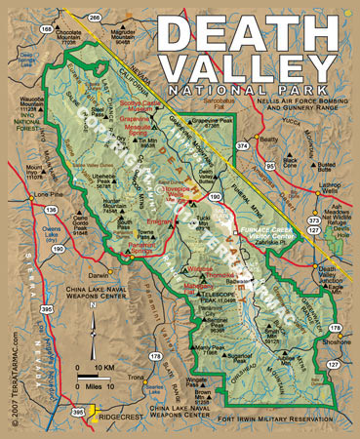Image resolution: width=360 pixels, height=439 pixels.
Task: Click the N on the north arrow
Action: [91, 308]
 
